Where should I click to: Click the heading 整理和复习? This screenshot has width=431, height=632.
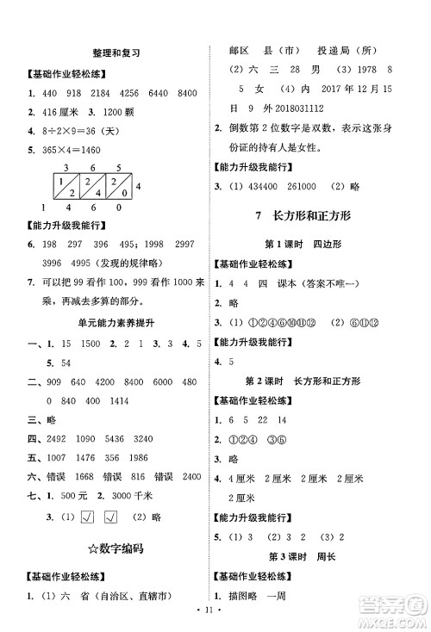coord(118,53)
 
